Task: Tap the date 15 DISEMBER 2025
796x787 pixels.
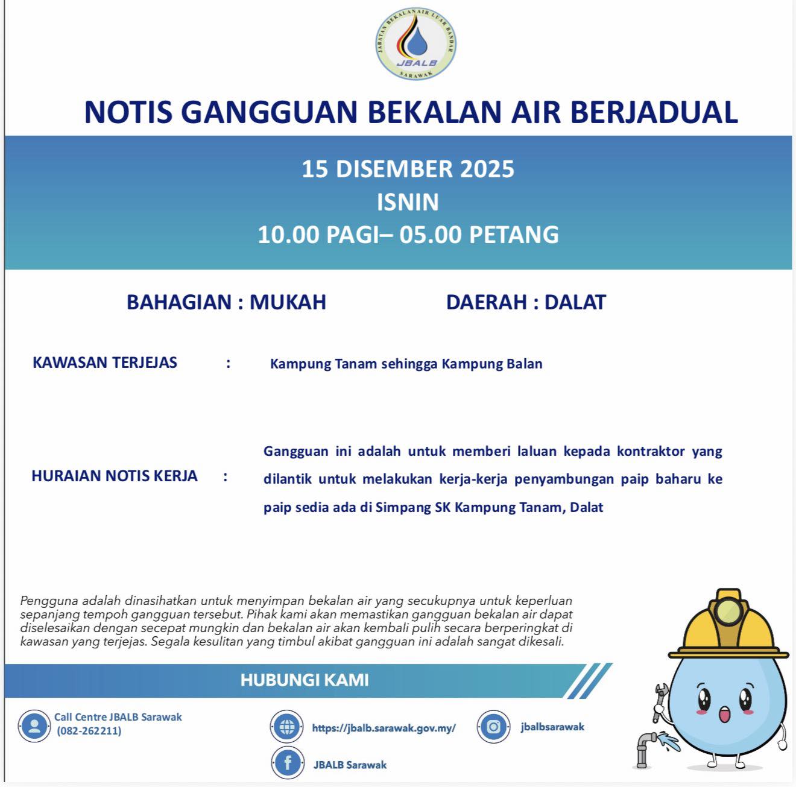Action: coord(408,169)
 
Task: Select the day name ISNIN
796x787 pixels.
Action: coord(408,202)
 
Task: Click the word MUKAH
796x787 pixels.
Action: coord(288,302)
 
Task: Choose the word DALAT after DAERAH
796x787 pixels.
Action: coord(575,302)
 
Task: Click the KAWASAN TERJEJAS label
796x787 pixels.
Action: coord(105,362)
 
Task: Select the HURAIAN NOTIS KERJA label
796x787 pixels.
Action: coord(115,476)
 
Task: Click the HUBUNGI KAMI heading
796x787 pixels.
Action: coord(305,680)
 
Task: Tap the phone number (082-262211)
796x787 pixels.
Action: coord(89,731)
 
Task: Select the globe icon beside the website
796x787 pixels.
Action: coord(287,727)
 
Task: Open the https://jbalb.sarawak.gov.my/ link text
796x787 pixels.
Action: coord(384,728)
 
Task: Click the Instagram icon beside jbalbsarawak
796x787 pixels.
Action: coord(493,727)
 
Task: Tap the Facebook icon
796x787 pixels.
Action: coord(287,763)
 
